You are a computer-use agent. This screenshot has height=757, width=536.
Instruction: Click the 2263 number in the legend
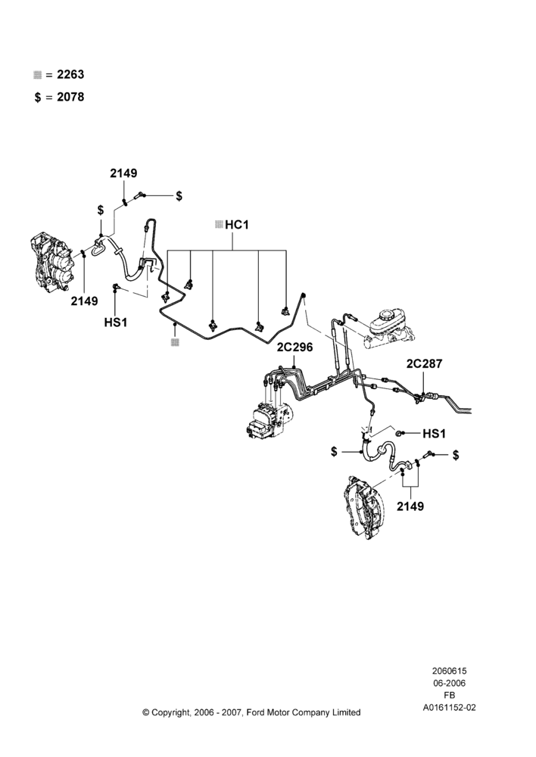point(70,74)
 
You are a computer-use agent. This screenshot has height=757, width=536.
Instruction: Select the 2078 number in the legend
point(70,97)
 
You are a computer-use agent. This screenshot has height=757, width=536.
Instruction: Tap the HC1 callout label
point(237,225)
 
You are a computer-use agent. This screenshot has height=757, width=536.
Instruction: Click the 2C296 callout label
point(294,347)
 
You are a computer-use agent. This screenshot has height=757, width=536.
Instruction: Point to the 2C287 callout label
point(424,363)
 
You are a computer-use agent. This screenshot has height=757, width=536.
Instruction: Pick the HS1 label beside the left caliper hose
point(116,322)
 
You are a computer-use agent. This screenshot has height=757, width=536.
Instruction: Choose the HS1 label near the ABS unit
point(434,434)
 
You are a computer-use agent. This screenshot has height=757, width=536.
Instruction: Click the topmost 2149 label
point(123,173)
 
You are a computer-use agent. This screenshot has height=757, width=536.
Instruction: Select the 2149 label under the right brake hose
point(410,506)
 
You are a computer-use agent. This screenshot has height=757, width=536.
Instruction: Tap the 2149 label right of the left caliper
point(85,301)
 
